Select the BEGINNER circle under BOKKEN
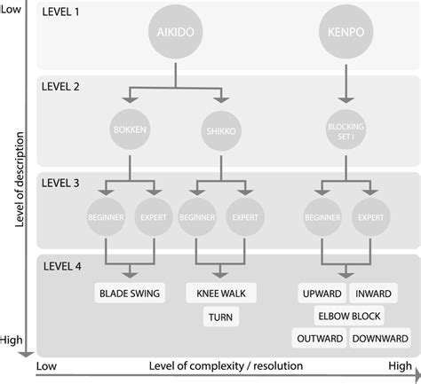click(107, 216)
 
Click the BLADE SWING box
click(130, 292)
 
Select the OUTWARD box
click(316, 338)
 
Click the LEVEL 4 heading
click(63, 266)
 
